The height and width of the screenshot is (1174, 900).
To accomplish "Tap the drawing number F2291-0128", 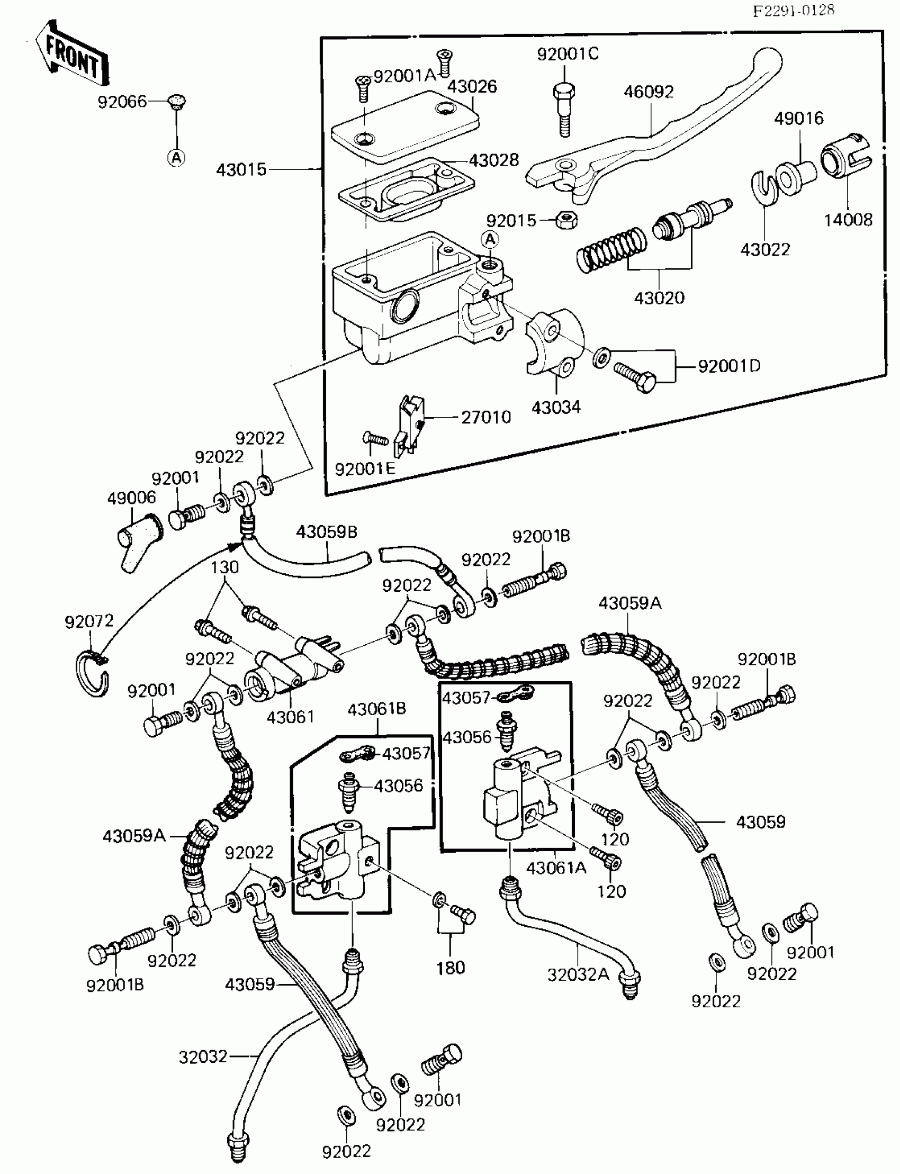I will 794,10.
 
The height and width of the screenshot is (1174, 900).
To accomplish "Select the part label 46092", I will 648,92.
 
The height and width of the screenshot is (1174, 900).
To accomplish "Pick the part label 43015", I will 241,170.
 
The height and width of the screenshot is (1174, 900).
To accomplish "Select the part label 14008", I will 848,220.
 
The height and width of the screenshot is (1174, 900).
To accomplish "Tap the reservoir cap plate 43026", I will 404,127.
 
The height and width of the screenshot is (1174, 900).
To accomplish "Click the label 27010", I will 486,417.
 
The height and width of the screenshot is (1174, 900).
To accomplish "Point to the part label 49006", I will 131,498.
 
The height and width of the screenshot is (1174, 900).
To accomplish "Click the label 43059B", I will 326,532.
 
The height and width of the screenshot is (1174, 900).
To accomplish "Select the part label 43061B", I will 376,710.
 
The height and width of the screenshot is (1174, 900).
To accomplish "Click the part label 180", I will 451,968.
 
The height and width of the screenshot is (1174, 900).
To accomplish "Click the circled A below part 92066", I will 176,157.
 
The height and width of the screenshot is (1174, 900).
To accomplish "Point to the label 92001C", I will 568,54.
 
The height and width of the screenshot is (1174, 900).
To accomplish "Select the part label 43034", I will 556,408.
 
